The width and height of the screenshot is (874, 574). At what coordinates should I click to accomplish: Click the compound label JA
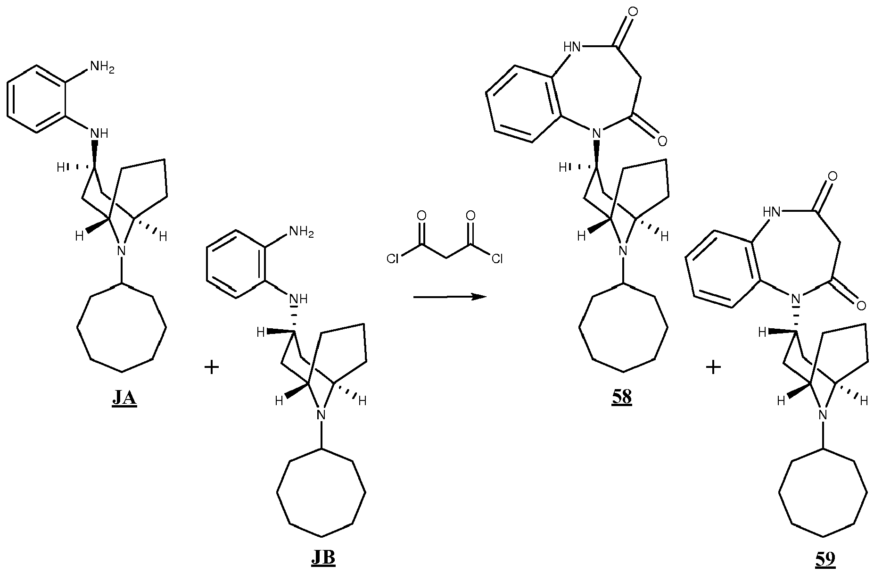[x=124, y=398]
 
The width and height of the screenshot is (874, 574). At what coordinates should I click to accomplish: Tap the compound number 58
[x=622, y=397]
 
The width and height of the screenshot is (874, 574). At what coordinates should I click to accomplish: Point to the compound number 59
[x=825, y=559]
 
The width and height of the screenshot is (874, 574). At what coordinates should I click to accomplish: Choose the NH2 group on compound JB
[x=301, y=233]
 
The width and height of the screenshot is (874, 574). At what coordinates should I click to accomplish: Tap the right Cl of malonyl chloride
[x=497, y=259]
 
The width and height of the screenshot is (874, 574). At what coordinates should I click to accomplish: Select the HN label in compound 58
[x=574, y=46]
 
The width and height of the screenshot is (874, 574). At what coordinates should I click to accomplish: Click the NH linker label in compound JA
[x=99, y=133]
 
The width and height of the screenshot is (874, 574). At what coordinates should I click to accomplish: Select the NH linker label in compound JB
[x=298, y=299]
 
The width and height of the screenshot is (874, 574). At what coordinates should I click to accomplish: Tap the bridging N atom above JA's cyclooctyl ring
[x=122, y=250]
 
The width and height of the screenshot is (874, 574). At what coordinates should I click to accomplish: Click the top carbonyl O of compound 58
[x=633, y=10]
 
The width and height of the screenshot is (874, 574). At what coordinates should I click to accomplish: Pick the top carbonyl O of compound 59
[x=833, y=176]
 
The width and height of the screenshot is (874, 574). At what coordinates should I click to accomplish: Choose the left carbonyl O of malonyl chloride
[x=422, y=216]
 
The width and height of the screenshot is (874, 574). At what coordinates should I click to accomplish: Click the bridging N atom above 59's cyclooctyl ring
[x=823, y=415]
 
